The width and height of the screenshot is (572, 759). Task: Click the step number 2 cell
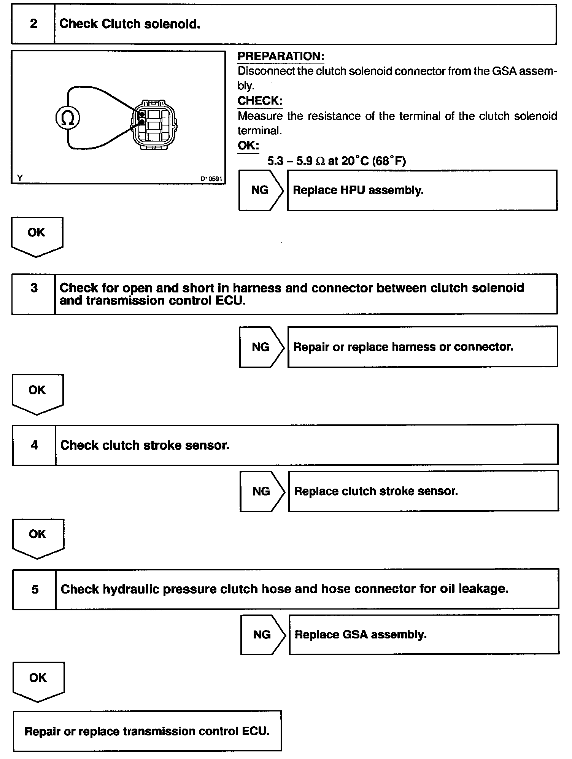tap(33, 24)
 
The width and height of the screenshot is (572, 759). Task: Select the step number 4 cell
tap(34, 445)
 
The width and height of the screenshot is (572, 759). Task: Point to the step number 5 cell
tap(35, 589)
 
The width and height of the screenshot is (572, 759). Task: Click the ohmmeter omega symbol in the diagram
tap(68, 118)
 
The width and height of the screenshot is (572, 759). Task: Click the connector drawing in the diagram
tap(154, 125)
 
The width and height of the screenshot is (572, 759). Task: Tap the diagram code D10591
tap(211, 179)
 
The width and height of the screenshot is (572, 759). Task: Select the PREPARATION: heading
tap(281, 56)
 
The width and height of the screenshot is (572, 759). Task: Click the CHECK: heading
tap(260, 101)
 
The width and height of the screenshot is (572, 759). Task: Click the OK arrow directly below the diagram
tap(37, 236)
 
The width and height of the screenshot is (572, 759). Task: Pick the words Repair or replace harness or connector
tap(403, 347)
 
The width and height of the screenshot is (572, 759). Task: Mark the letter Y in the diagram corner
tap(20, 178)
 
